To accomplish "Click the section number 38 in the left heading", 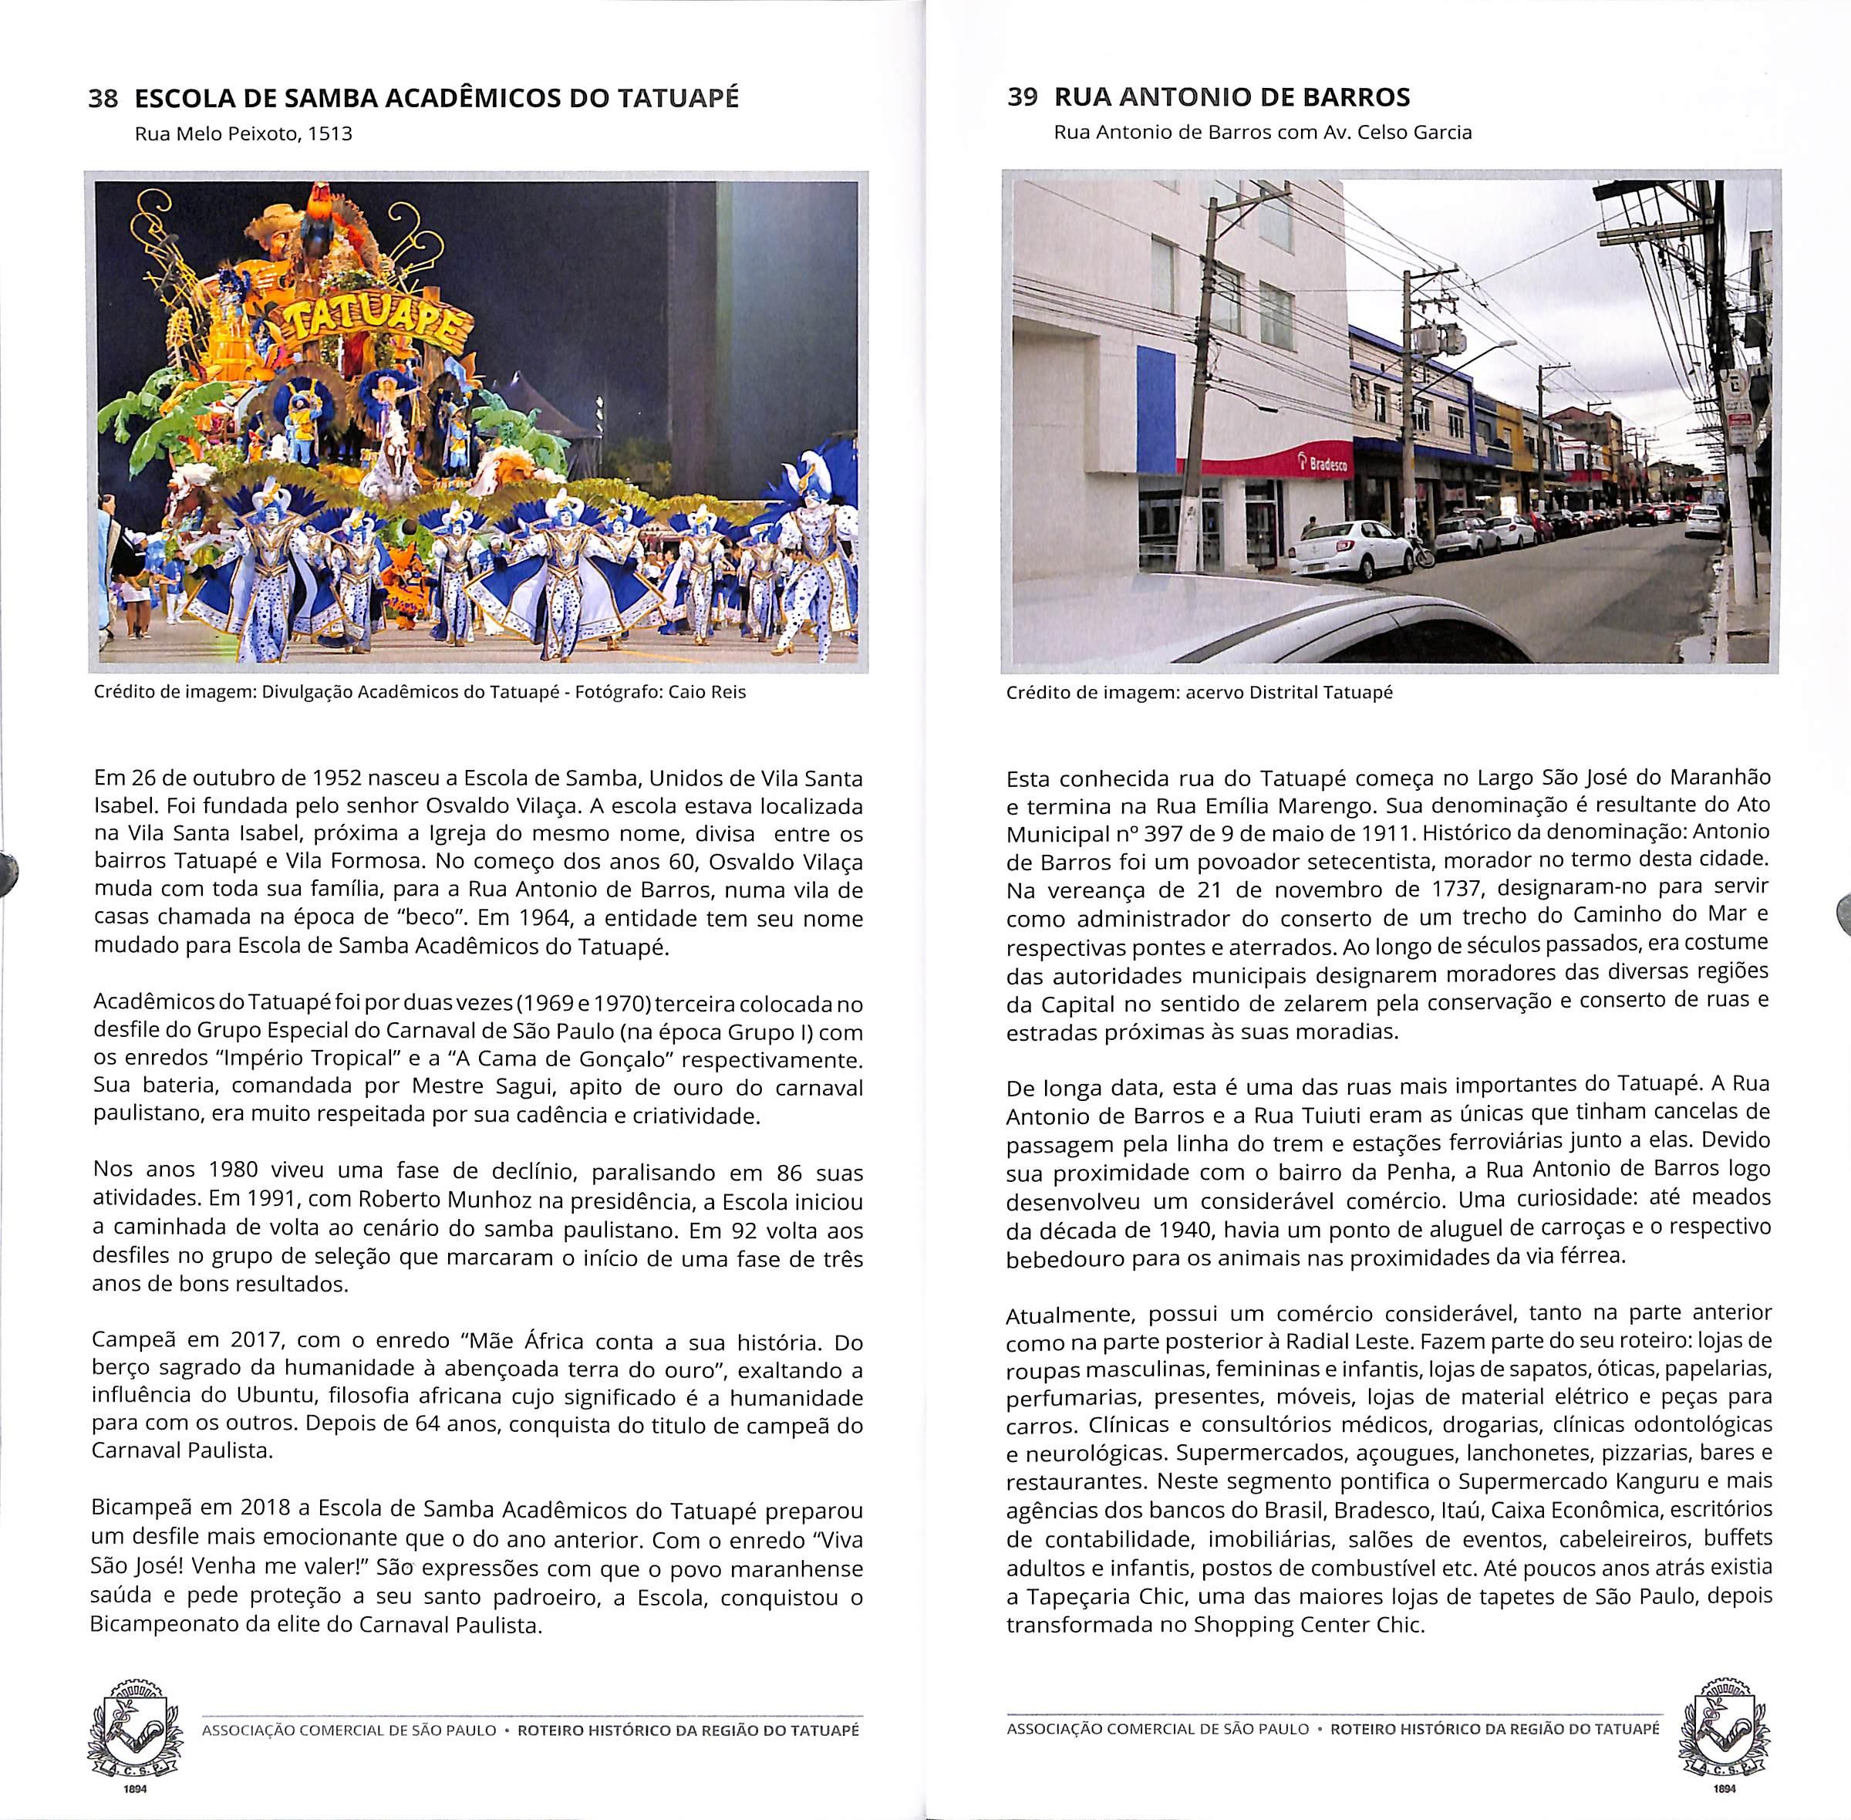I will coord(103,100).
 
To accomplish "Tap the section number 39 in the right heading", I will coord(1022,97).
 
